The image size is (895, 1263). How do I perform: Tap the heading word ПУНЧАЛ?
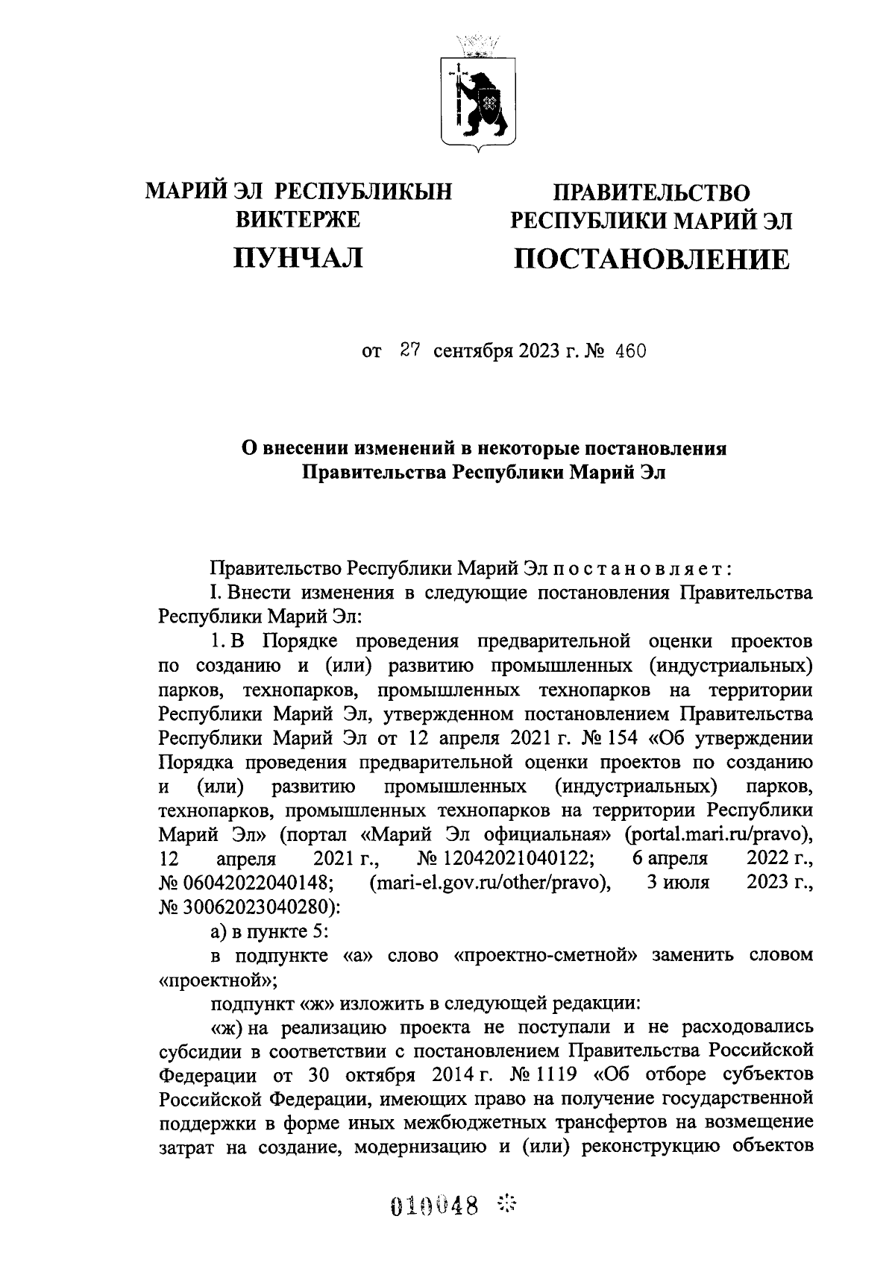tap(298, 258)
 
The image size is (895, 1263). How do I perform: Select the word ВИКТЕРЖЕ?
tap(298, 219)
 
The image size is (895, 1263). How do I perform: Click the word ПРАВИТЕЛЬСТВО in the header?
tap(650, 192)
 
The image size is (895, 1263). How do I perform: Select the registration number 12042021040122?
tap(514, 859)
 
